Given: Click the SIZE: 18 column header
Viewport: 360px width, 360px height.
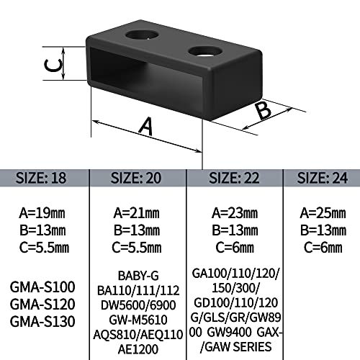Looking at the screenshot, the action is (41, 178).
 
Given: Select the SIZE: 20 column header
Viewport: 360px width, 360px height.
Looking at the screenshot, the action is (136, 178).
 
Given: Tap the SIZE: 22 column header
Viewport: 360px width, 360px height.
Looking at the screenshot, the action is (234, 178).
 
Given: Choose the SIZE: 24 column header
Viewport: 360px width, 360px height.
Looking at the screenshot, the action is (323, 178).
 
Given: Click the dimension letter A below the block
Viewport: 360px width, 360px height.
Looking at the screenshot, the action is (146, 126).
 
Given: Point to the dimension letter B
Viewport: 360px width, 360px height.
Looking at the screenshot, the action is (264, 110).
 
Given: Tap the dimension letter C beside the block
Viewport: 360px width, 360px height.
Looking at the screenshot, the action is (53, 66).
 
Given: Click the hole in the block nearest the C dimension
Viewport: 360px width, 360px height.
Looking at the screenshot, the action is (142, 35).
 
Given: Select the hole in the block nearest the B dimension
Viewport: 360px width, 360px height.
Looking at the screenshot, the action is (205, 51).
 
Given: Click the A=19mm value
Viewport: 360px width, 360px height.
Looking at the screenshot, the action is (42, 213).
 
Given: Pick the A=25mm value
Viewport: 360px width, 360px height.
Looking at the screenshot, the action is (323, 213).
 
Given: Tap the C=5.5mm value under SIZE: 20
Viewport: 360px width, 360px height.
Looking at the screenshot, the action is (137, 248).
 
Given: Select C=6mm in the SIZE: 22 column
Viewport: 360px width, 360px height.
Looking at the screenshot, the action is (235, 248).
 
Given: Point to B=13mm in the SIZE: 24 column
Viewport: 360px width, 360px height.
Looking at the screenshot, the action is (323, 230).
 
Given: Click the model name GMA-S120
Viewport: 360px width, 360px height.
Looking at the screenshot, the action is (42, 304).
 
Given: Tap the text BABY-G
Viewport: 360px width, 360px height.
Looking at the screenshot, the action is (138, 276).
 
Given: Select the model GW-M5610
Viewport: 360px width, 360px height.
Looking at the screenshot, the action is (138, 320).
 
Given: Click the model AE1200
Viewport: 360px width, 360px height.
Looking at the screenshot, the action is (138, 349).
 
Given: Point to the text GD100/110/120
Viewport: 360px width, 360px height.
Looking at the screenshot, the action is (235, 302).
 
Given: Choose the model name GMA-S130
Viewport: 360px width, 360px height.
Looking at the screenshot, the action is (42, 321).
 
